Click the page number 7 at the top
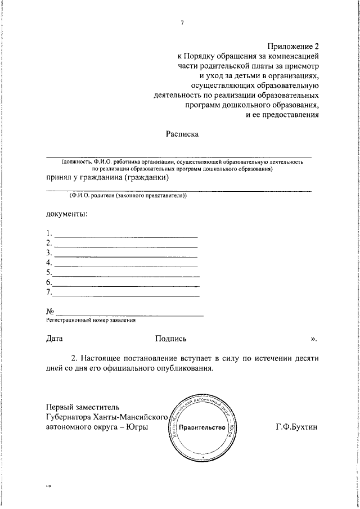tap(182, 22)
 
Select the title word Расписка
tap(182, 134)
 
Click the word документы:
tap(66, 214)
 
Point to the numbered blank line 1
tap(125, 233)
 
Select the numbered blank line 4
tap(125, 263)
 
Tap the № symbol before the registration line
tap(50, 312)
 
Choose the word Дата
tap(55, 339)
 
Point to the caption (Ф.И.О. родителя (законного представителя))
tap(128, 195)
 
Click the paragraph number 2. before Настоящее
tap(75, 358)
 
